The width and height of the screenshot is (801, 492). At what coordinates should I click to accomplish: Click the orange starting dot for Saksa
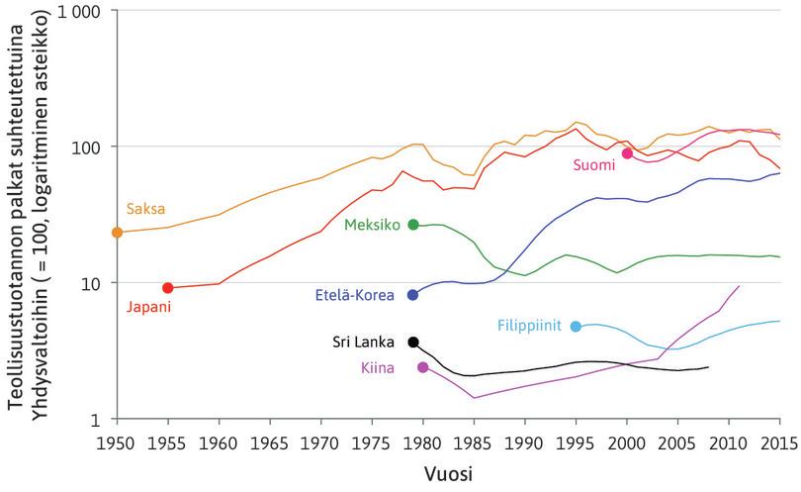117,233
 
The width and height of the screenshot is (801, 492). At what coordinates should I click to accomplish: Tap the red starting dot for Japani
168,288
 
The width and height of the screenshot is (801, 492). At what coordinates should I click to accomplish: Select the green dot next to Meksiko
413,225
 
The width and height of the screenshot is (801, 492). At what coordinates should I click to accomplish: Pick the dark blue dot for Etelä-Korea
412,295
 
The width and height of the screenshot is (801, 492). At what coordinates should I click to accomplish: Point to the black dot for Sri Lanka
413,343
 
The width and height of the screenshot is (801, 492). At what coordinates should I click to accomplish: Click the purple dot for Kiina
423,367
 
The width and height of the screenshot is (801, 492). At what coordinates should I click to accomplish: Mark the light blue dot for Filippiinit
577,327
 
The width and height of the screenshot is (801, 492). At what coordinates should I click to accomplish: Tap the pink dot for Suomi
627,153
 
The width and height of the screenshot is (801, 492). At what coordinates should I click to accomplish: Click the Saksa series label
145,210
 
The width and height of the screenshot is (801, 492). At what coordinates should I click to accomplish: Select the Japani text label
148,307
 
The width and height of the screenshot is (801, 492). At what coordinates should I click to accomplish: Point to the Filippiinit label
532,326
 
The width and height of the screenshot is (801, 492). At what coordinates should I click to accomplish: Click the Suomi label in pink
594,166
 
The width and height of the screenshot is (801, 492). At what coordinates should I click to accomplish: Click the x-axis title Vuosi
448,474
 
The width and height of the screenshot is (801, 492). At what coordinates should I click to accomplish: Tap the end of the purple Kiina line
739,286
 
